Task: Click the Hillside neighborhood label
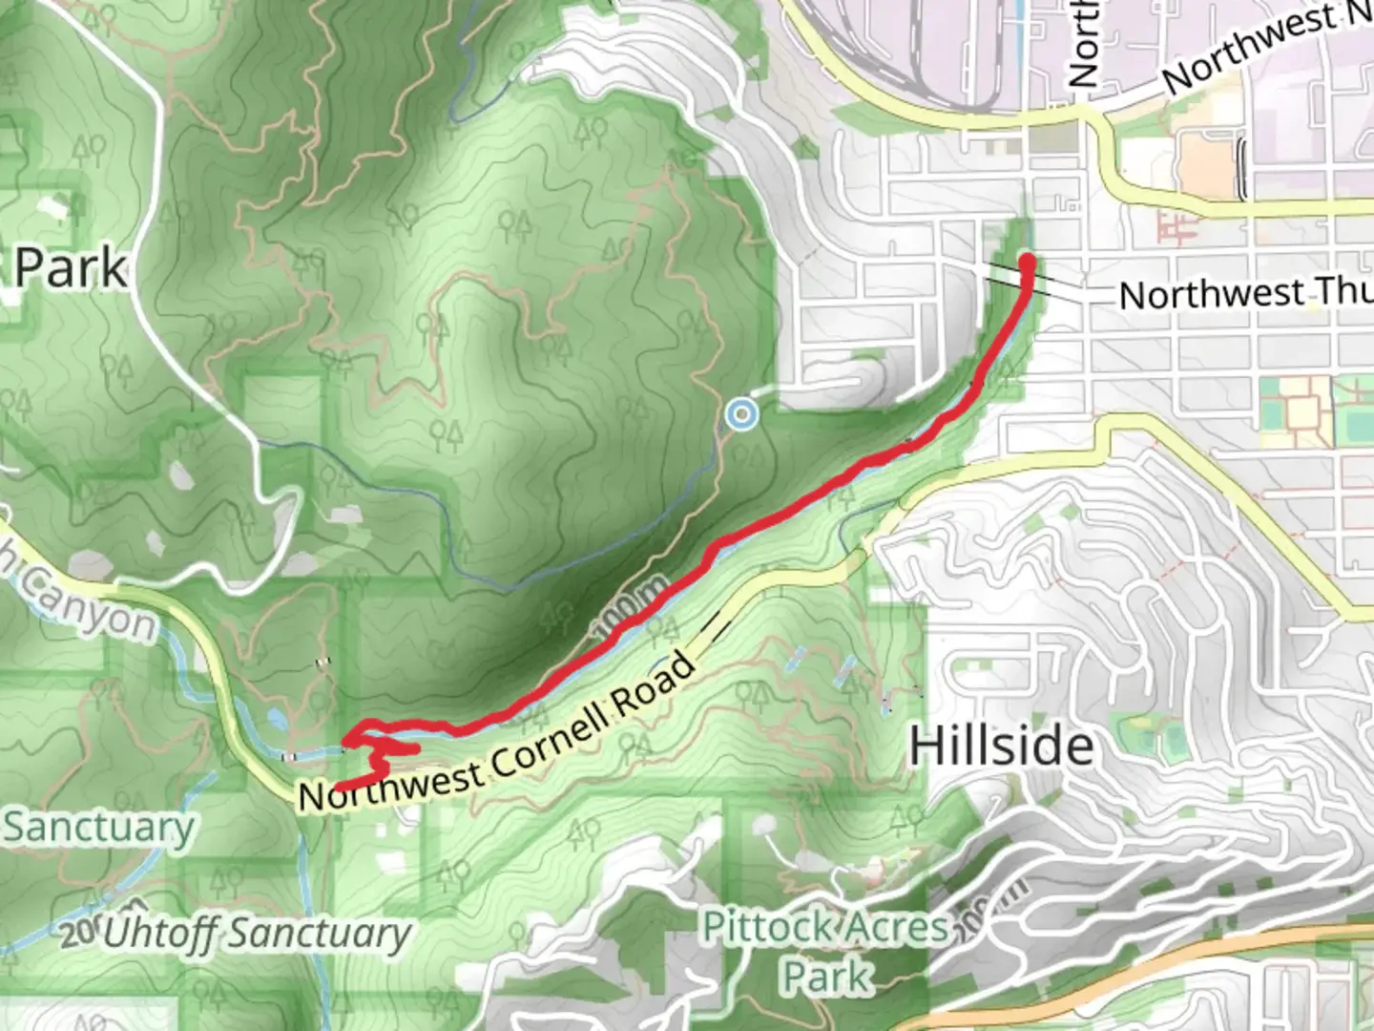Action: [x=1001, y=746]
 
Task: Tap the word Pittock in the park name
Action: [x=766, y=926]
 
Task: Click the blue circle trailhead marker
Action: [x=741, y=415]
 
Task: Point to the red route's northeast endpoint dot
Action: [x=1028, y=260]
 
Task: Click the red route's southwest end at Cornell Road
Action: [x=337, y=788]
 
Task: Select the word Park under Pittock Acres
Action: [x=826, y=976]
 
